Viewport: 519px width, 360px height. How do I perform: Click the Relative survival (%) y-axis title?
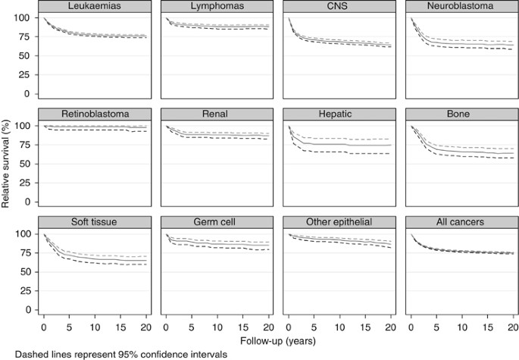pyautogui.click(x=7, y=163)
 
